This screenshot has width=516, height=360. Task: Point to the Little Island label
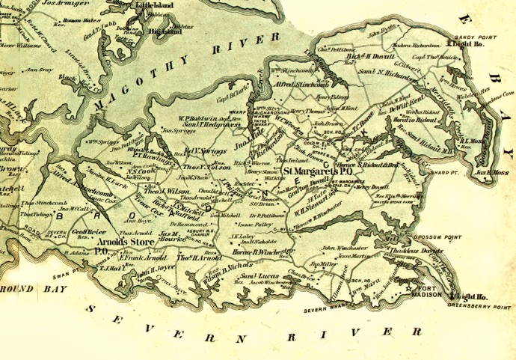(154, 4)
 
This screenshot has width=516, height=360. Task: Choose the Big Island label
(165, 32)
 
